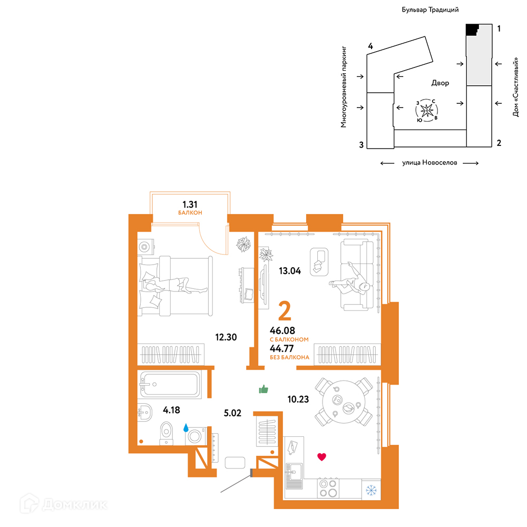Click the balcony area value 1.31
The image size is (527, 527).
coord(190,204)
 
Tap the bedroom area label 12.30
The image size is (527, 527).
coord(226,337)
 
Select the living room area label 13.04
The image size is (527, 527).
coord(290,270)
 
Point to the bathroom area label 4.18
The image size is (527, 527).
coord(171,409)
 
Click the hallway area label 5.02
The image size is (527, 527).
coord(232,413)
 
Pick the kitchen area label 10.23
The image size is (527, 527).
coord(298,399)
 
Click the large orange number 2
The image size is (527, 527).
coord(285,311)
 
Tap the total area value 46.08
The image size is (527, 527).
coord(282,330)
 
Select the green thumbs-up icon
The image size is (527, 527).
coord(263,389)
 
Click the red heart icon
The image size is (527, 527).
coord(321,457)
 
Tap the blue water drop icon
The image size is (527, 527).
coord(186,427)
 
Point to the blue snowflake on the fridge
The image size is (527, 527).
coord(371,490)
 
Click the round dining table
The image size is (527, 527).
coord(344,402)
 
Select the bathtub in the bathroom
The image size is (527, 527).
coord(170,384)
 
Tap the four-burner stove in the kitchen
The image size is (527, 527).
coord(328,488)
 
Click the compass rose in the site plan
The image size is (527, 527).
coord(427,110)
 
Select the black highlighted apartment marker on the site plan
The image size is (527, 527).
coord(471,29)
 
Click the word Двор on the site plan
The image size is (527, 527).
coord(440,83)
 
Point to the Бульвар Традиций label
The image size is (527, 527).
coord(430,9)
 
